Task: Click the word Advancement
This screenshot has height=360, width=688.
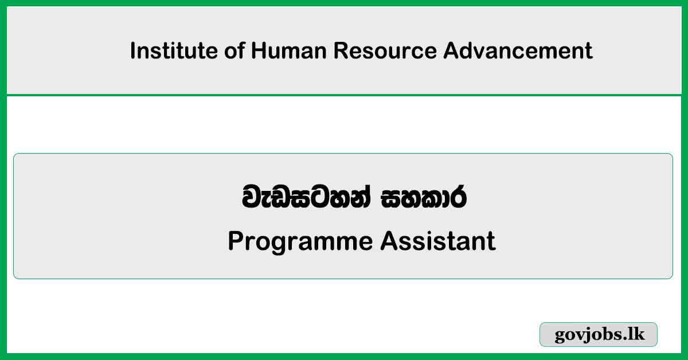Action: (x=518, y=51)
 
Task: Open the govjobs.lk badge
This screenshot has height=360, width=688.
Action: (x=599, y=334)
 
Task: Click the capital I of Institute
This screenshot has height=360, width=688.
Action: (x=133, y=51)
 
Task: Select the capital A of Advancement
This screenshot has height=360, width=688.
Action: (x=450, y=51)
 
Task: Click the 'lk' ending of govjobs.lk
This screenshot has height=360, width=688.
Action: (x=637, y=334)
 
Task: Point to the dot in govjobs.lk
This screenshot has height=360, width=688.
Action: (x=627, y=339)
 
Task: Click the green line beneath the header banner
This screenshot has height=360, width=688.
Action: (x=344, y=95)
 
